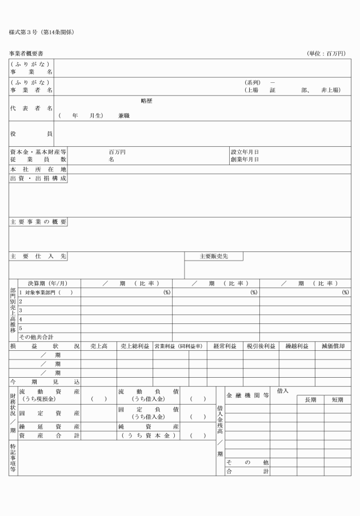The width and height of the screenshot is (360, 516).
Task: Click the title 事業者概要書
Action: pos(26,54)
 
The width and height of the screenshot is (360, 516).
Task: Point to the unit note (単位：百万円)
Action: pos(326,54)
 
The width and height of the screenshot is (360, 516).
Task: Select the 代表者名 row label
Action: pos(31,108)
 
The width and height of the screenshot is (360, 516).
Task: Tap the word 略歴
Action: pos(146,101)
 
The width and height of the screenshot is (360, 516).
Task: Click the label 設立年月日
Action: pos(245,152)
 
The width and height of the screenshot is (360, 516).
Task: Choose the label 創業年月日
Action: pos(245,160)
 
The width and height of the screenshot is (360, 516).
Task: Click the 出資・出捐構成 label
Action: pos(38,178)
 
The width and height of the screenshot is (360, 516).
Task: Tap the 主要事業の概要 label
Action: pos(38,222)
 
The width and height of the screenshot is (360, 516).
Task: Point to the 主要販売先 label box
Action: pos(213,257)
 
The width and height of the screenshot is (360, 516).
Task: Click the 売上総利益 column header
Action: pos(134,346)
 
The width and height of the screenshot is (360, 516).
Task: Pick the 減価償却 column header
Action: pos(333,346)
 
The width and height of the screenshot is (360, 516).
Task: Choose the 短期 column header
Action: pos(337,400)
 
